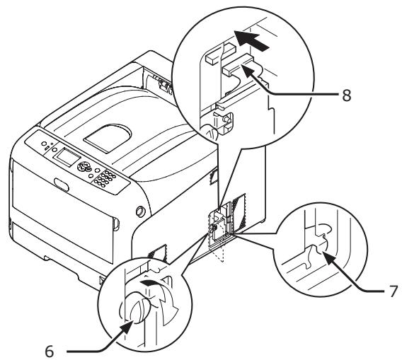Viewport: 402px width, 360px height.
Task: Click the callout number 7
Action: (389, 290)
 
